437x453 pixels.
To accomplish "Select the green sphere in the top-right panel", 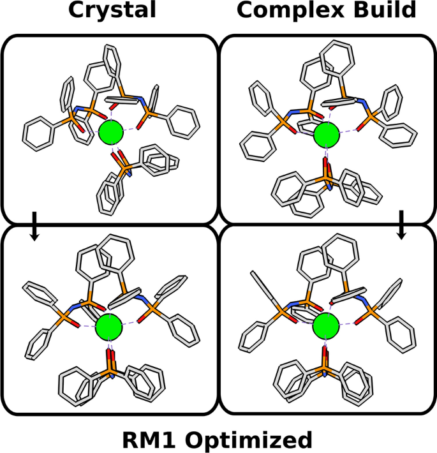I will click(327, 135).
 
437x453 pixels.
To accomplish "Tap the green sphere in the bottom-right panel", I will click(326, 328).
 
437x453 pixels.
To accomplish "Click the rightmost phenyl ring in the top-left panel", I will click(183, 121).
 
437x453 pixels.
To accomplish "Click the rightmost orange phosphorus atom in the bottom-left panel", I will click(151, 308).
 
